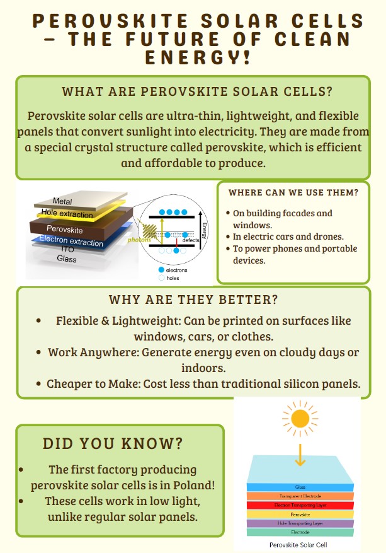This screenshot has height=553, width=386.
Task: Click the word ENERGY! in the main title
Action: [x=198, y=57]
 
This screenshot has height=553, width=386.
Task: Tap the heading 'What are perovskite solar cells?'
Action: [x=197, y=91]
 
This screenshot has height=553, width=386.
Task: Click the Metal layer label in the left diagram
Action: [x=62, y=201]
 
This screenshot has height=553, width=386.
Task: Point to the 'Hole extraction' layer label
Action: [x=67, y=213]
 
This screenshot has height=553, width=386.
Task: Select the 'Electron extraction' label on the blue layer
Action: [x=71, y=241]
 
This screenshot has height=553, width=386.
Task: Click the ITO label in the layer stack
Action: [x=67, y=249]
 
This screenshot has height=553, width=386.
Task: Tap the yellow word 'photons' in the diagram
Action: [x=139, y=240]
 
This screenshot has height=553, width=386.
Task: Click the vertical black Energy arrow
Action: [x=201, y=228]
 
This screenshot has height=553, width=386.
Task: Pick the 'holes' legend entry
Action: [x=169, y=278]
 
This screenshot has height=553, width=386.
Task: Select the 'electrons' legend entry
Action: [x=173, y=270]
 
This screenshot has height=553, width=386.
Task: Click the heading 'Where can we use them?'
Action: [x=293, y=192]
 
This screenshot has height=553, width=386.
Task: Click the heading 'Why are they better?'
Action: [x=193, y=300]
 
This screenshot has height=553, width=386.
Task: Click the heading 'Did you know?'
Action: [x=113, y=444]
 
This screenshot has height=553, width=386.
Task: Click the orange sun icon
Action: [x=300, y=419]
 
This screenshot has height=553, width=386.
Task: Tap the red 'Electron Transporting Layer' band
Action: [x=300, y=505]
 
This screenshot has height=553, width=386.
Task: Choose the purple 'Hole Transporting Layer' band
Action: [x=300, y=523]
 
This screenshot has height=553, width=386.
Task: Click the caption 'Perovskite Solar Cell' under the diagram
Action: [x=298, y=545]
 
